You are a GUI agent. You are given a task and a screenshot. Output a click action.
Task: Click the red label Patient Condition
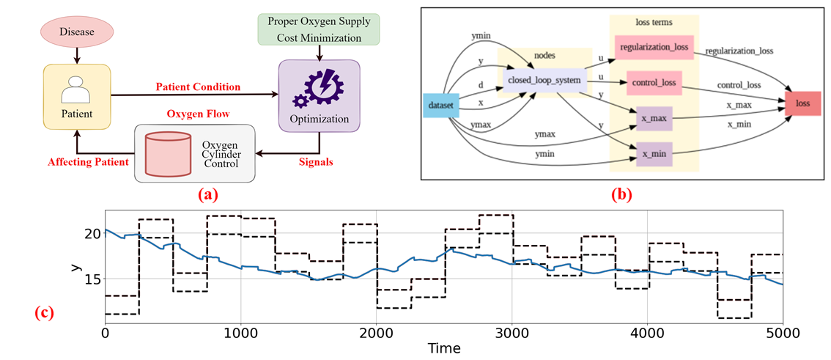point(197,87)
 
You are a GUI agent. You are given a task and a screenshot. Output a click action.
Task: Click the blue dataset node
point(441,106)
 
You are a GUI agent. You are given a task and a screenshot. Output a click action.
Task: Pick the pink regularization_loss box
point(654,48)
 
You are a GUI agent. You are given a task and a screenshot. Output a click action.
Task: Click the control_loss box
point(654,84)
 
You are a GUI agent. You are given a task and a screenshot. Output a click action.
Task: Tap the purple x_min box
point(654,153)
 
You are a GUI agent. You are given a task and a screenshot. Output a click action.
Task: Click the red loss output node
point(802,103)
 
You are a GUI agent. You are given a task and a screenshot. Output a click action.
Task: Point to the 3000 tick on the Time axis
point(511,331)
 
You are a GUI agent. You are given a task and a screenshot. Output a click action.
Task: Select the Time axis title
point(444,348)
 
